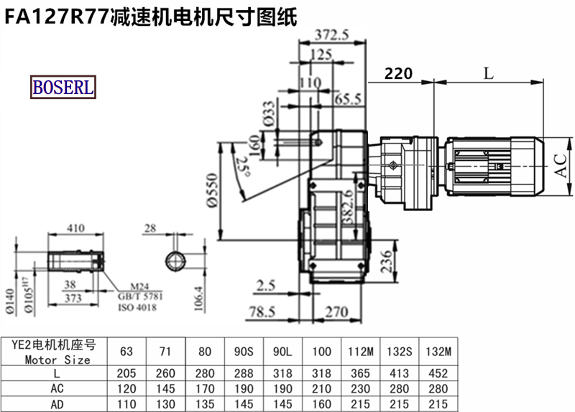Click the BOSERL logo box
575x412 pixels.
coord(63,87)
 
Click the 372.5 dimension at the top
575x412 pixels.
coord(332,34)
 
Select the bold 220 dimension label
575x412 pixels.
coord(398,74)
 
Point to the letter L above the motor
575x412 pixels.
coord(489,74)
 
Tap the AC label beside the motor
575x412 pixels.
coord(561,166)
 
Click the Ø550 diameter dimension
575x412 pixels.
coord(212,190)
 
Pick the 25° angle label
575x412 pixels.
coord(243,167)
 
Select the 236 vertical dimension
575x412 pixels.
coord(386,261)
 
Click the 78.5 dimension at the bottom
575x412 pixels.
coord(262,312)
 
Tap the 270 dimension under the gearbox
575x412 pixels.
coord(336,312)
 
